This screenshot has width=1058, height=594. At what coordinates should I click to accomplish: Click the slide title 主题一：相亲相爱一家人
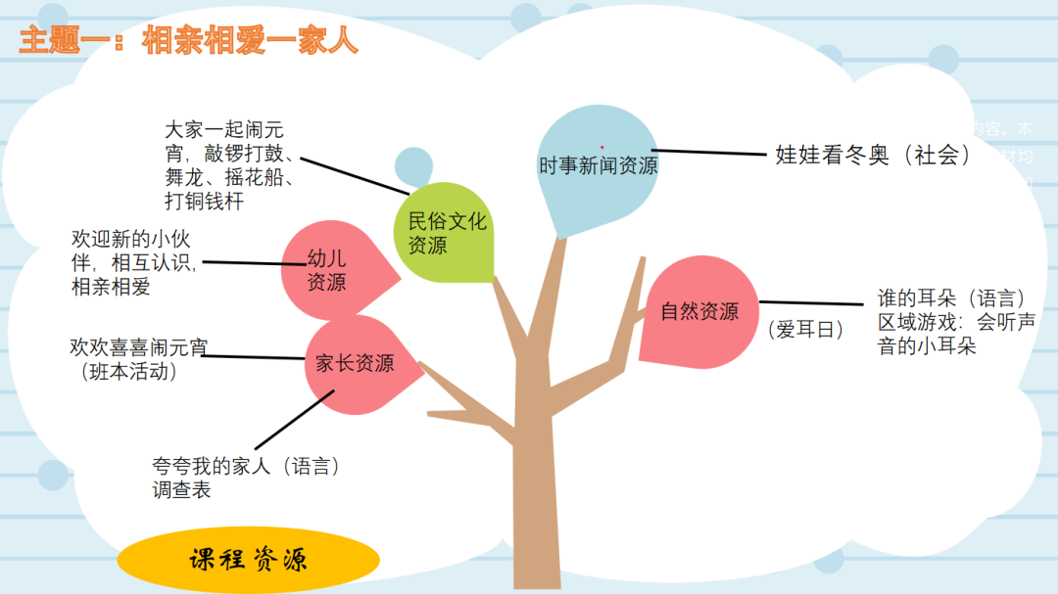click(189, 41)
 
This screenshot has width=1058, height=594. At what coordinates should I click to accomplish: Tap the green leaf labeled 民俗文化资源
click(447, 233)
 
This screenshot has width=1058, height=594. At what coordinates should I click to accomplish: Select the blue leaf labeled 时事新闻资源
click(598, 166)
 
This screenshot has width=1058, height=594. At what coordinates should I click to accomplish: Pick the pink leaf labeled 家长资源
click(355, 363)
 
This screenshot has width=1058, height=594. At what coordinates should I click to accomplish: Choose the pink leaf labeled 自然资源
click(698, 311)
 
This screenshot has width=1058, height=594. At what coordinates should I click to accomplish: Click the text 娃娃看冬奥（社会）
click(873, 155)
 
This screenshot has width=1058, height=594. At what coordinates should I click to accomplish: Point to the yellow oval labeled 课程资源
click(248, 560)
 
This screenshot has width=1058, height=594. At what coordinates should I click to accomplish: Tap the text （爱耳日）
click(805, 330)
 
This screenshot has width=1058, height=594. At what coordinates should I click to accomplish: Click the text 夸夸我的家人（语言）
click(246, 467)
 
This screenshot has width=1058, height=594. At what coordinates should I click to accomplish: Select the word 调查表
click(181, 490)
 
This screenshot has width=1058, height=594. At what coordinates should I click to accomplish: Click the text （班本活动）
click(130, 371)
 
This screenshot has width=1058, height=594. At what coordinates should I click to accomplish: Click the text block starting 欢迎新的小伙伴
click(134, 262)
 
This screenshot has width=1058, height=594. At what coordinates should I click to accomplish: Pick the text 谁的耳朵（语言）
click(951, 298)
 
